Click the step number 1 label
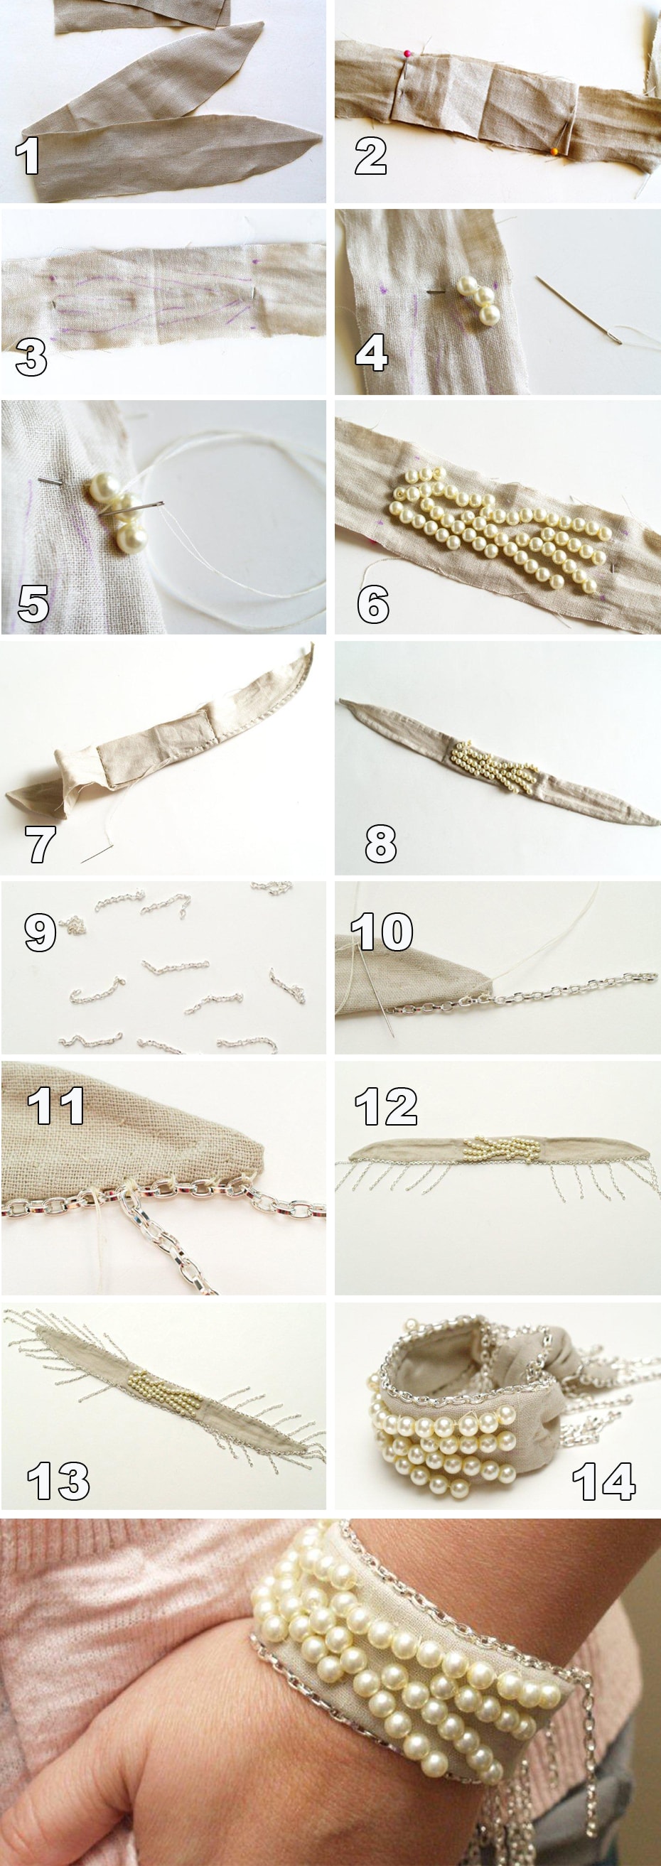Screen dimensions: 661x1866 27,156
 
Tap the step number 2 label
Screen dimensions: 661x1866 370,156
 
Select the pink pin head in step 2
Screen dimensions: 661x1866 408,53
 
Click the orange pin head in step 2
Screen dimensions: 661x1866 554,151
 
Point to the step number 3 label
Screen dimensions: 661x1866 31,357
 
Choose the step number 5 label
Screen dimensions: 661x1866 33,603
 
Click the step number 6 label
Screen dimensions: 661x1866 372,603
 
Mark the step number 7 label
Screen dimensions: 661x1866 40,843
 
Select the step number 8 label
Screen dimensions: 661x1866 380,843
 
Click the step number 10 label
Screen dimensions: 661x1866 382,932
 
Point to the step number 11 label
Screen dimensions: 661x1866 56,1106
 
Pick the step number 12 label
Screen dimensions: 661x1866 385,1106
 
